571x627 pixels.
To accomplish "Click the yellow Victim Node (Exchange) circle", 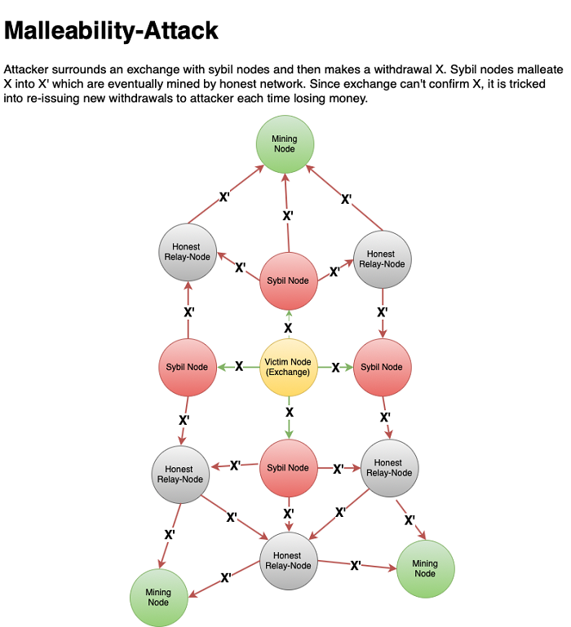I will [x=288, y=367].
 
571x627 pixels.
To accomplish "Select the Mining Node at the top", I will [x=285, y=144].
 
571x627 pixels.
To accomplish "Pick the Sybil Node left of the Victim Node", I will [x=187, y=367].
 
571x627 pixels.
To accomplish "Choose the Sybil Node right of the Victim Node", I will [x=382, y=367].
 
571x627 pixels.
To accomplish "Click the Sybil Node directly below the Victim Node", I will [x=288, y=468].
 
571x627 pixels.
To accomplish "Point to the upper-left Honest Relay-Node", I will [x=188, y=252].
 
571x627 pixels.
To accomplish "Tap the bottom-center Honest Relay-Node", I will [x=288, y=560].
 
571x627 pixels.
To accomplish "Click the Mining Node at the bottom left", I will [x=159, y=597].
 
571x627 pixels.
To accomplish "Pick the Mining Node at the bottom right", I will [x=424, y=568].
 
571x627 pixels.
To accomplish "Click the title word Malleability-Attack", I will [x=112, y=32].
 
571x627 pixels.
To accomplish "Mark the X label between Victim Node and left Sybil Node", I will [x=239, y=367].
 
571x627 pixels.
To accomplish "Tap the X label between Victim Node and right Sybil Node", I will [x=335, y=367].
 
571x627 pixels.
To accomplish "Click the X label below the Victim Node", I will [x=289, y=413].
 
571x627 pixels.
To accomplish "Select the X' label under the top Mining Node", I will [x=288, y=216].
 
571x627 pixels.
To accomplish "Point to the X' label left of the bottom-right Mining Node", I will [x=356, y=565].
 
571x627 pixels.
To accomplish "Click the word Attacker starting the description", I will [x=27, y=70].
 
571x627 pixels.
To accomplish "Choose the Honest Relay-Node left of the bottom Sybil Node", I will [x=180, y=474].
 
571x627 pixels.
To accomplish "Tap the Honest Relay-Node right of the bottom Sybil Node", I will [x=389, y=468].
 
